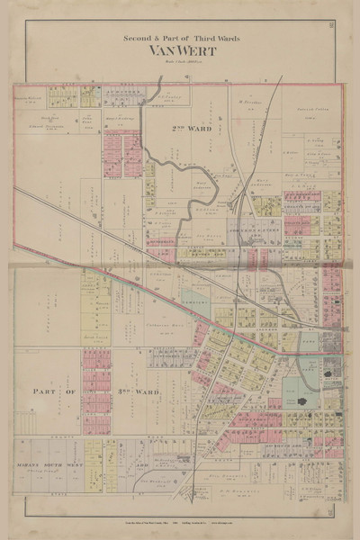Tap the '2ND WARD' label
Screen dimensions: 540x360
click(x=190, y=128)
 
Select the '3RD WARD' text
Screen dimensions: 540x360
click(x=109, y=391)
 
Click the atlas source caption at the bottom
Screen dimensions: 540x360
click(x=180, y=522)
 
